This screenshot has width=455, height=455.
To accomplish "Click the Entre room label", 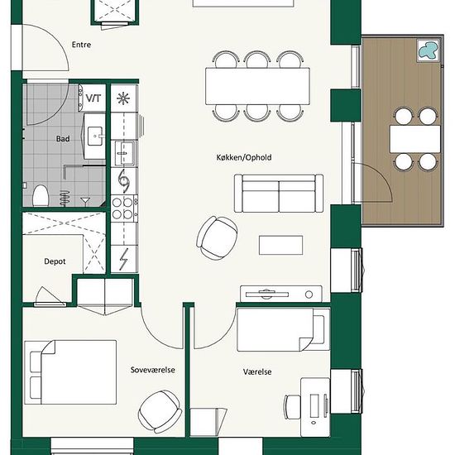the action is (x=81, y=45).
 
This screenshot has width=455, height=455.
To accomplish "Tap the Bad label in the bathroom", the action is (x=63, y=139).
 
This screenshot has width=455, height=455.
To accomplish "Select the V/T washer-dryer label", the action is (x=93, y=98).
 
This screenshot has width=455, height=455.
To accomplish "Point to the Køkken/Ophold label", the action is (x=244, y=157).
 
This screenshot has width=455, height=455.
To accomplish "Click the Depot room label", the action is (x=55, y=261).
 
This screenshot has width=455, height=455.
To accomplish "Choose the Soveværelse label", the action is (x=153, y=370).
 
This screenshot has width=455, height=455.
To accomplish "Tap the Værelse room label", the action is (x=257, y=371).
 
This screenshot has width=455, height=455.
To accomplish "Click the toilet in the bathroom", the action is (x=41, y=196).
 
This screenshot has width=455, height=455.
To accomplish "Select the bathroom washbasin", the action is (x=95, y=136).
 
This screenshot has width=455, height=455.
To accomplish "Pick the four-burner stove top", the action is (x=122, y=208).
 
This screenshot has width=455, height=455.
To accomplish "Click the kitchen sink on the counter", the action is (x=124, y=153).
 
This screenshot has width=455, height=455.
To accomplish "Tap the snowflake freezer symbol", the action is (x=123, y=98).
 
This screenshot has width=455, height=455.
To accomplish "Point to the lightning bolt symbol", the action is (x=124, y=259).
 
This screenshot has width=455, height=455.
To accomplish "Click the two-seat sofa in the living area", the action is (x=279, y=194).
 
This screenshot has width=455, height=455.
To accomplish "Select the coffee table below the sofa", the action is (x=281, y=245).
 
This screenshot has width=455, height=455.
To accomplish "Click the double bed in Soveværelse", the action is (x=70, y=372).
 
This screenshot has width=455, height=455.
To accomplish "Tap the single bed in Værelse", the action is (x=284, y=329).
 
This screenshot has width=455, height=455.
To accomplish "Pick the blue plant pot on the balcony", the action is (x=428, y=50).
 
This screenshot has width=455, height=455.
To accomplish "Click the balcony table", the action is (x=415, y=139).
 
